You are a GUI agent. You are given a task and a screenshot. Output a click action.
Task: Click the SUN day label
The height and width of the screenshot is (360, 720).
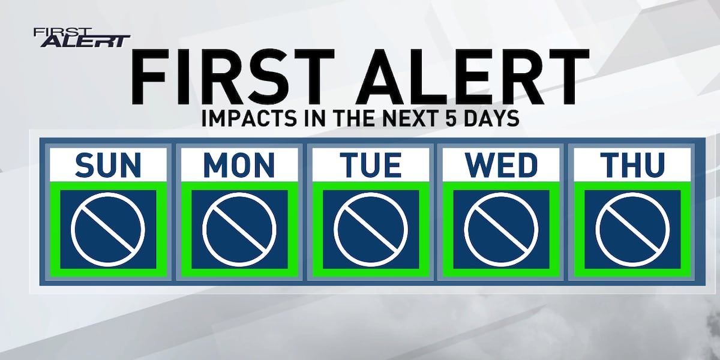(x=109, y=165)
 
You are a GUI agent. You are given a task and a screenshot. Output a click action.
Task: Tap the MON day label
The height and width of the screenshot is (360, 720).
(x=239, y=165)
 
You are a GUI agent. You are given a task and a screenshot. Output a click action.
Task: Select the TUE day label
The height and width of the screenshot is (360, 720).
(x=371, y=165)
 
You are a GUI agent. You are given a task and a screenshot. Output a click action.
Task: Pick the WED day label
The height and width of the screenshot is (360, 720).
(x=501, y=165)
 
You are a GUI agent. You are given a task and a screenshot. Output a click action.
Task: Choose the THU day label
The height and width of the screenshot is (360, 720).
(x=632, y=165)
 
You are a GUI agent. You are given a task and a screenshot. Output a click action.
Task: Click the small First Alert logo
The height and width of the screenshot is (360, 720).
(x=82, y=38)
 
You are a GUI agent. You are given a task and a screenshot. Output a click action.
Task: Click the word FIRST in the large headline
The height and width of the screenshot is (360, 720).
(x=233, y=77)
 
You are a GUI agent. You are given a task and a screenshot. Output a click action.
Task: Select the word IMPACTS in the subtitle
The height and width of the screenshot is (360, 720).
(x=249, y=118)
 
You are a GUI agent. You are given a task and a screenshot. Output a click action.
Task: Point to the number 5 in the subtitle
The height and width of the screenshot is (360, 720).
(x=451, y=118)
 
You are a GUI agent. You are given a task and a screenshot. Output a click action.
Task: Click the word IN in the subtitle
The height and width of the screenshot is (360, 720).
(x=316, y=118)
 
